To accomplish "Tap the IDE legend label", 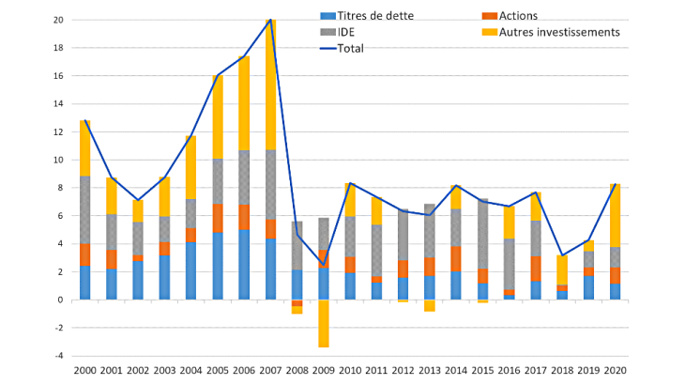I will click(342, 31).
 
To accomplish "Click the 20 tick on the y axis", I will click(58, 20).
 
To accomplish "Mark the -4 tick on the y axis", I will click(58, 356).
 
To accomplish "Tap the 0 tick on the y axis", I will click(60, 300).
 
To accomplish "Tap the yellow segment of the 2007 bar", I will click(270, 85).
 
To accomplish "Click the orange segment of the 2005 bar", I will click(217, 218).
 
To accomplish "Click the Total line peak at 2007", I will click(270, 20).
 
